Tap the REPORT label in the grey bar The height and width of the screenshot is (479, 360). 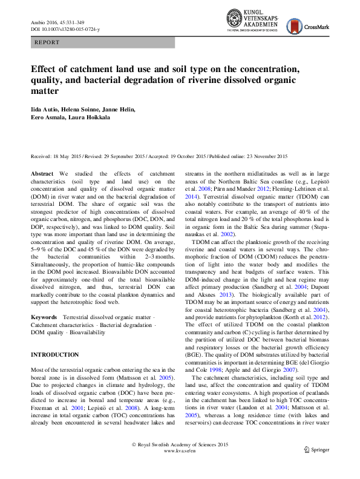(x=48, y=43)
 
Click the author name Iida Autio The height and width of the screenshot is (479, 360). (x=45, y=109)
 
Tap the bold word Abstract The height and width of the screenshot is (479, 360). (x=42, y=173)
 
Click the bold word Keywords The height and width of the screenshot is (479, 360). (x=44, y=317)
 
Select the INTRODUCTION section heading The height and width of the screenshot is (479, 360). (x=54, y=354)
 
